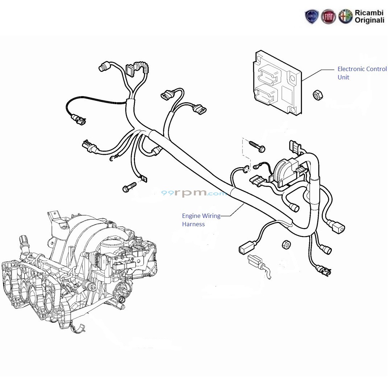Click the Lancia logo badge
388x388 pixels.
coord(311,17)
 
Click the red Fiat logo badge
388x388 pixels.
coord(329,17)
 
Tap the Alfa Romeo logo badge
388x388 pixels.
coord(346,17)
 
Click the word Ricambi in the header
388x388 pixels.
coord(369,13)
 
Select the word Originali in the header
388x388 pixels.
coord(370,20)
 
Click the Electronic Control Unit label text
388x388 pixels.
coord(362,73)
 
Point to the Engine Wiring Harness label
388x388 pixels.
coord(201,220)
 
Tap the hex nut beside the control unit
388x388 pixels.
coord(318,95)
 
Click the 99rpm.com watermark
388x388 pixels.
coord(194,193)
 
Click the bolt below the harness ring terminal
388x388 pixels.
coord(129,187)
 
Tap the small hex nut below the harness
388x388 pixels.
coord(286,244)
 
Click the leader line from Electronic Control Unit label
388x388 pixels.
coord(318,75)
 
